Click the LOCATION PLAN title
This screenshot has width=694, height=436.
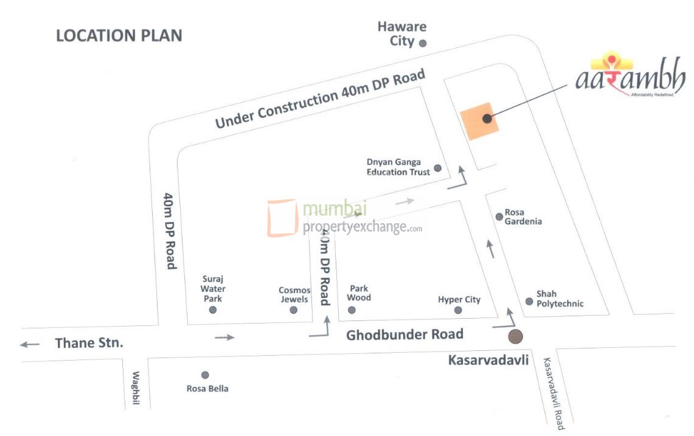coord(119,35)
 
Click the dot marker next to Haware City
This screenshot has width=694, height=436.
coord(423,43)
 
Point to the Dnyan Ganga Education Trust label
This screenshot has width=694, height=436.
coord(398,167)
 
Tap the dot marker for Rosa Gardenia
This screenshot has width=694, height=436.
coord(499,216)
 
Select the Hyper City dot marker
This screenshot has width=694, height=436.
coord(458,311)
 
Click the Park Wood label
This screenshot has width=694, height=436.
coord(359,293)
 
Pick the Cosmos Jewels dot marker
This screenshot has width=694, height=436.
coord(294,310)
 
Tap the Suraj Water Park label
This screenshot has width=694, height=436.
coord(213,289)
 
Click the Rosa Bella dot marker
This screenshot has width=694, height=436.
coord(205,375)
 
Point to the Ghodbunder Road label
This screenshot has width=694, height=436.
coord(404,334)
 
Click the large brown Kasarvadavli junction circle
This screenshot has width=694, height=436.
coord(516,336)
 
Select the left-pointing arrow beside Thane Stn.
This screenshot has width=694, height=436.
coord(29,344)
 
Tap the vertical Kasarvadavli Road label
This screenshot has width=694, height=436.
coord(554,392)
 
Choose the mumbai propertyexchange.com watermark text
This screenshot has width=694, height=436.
coord(362,218)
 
